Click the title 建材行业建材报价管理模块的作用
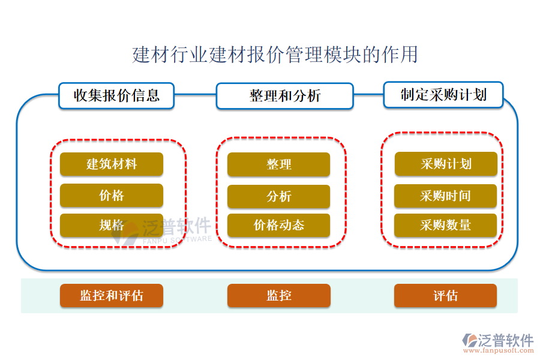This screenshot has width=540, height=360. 275,55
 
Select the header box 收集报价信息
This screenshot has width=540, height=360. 116,95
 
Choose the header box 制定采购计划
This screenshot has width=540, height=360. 443,95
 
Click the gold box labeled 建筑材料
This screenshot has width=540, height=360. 111,164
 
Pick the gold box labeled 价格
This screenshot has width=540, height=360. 111,196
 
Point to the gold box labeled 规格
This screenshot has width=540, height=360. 111,226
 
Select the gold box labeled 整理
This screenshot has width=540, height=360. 278,164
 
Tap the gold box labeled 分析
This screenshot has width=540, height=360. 278,196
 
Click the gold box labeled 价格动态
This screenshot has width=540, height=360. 278,226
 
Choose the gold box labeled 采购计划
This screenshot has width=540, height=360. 445,164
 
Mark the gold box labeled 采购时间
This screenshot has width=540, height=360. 445,196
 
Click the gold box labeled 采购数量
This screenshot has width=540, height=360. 445,226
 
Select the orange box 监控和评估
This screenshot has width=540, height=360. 111,296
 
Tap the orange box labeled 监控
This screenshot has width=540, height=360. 278,296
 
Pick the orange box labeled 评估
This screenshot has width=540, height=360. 445,296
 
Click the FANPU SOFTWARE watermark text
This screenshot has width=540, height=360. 177,239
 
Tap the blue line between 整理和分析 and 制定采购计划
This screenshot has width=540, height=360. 368,94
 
